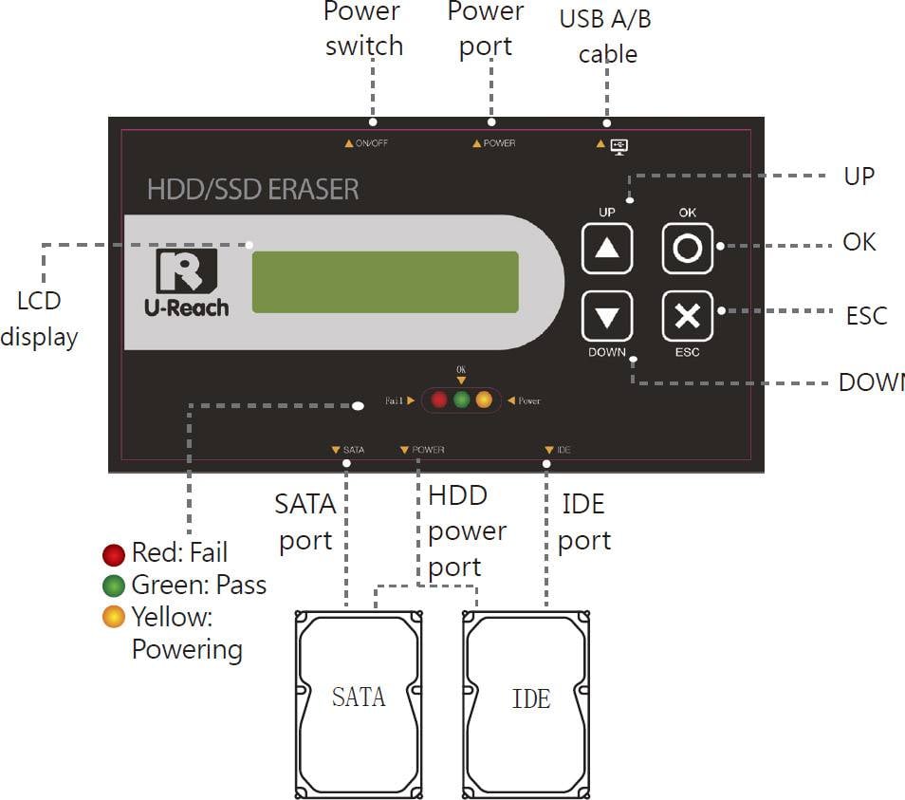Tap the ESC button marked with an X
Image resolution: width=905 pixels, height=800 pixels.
[x=687, y=316]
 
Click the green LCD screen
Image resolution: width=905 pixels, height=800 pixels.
[x=385, y=282]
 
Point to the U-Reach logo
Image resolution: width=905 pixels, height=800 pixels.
[x=186, y=283]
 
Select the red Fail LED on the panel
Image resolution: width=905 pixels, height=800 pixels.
[x=439, y=400]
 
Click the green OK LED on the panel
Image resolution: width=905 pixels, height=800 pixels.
[x=462, y=400]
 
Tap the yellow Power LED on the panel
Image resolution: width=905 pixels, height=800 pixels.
[x=484, y=400]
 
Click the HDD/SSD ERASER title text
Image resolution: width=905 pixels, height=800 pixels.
[x=252, y=189]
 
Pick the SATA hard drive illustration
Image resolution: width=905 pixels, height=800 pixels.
[x=359, y=702]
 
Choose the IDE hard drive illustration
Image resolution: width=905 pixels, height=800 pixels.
[x=527, y=702]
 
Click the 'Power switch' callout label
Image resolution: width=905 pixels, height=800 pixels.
[x=363, y=29]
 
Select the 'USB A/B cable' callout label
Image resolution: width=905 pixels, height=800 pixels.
[x=606, y=36]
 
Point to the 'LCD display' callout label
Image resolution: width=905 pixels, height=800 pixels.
[x=39, y=318]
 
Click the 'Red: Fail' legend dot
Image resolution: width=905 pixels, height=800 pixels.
[x=114, y=554]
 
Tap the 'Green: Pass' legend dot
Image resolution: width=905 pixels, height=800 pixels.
[x=114, y=586]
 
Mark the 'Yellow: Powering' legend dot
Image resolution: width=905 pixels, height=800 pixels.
[x=114, y=618]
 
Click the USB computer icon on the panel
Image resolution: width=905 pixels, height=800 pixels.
[x=619, y=145]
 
